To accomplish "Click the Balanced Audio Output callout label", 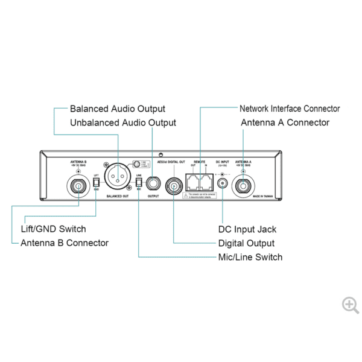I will (x=117, y=109).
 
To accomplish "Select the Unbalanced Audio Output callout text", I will (x=123, y=122).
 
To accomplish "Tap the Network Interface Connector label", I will (x=290, y=109).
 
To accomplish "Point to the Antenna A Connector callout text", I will (x=285, y=122).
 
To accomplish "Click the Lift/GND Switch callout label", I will (x=53, y=229).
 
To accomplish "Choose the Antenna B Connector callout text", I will (x=65, y=243).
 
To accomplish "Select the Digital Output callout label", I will (x=246, y=243).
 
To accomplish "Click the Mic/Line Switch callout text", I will (x=250, y=257).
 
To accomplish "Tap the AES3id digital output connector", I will (x=174, y=185).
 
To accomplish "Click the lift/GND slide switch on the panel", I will (x=96, y=182).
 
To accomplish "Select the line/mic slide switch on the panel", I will (x=138, y=182).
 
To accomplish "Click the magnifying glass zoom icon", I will (x=350, y=305).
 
